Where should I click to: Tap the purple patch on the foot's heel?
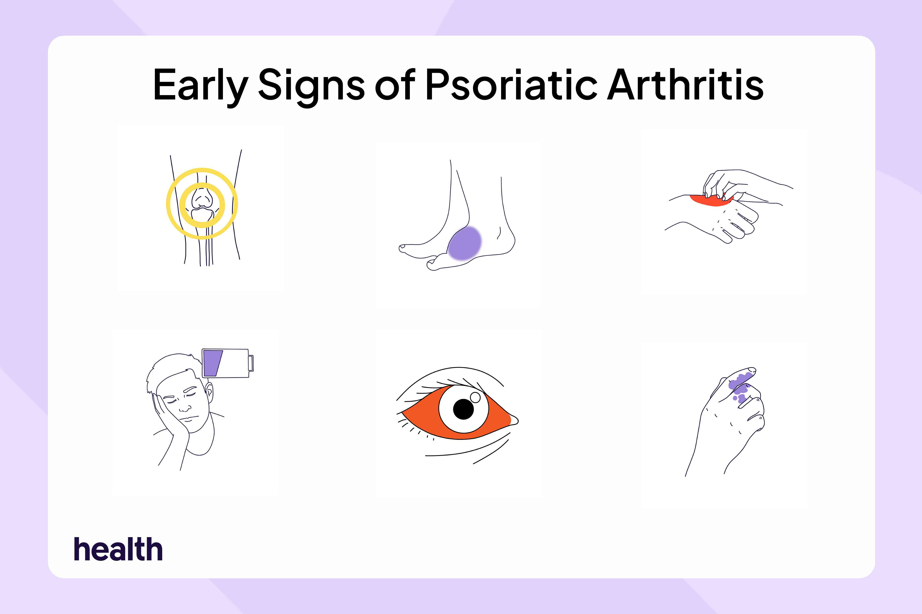click(464, 244)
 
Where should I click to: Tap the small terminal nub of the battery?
click(251, 363)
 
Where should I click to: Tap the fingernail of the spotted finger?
click(751, 370)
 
